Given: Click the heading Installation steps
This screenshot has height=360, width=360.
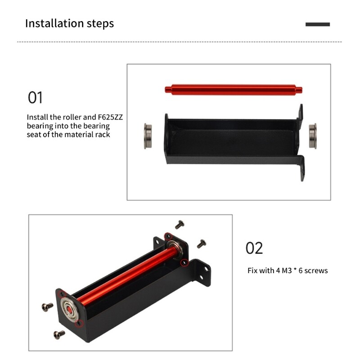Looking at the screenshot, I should (x=69, y=23).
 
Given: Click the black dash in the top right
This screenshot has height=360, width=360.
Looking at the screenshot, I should (x=318, y=24).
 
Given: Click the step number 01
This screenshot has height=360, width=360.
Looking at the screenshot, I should (x=36, y=97).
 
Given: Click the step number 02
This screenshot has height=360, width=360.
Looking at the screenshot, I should (x=254, y=248).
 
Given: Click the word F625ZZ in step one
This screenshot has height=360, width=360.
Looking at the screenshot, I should (x=110, y=117).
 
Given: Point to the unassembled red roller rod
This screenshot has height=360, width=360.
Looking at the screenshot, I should (x=234, y=89).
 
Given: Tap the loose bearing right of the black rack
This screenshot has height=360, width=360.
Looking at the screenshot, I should (x=312, y=135).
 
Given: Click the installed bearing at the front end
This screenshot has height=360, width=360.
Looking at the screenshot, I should (x=68, y=308).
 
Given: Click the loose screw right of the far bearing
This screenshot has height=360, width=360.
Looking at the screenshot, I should (x=201, y=243).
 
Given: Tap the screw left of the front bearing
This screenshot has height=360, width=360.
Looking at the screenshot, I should (x=47, y=306).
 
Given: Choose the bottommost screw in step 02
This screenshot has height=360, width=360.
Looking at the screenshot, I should (x=58, y=334).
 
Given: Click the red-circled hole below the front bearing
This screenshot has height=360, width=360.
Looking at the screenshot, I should (x=79, y=324).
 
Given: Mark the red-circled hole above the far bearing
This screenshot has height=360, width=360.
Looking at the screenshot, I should (x=168, y=235).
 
